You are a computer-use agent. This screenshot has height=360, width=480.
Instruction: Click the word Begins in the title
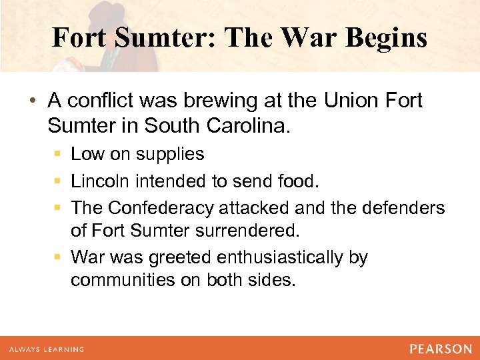[386, 38]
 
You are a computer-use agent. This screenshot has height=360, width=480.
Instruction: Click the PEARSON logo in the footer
[440, 349]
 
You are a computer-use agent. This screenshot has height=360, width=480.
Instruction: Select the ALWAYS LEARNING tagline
[46, 349]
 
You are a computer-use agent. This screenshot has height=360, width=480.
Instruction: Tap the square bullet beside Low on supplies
[58, 155]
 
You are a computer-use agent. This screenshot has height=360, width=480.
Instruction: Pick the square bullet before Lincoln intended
[58, 181]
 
